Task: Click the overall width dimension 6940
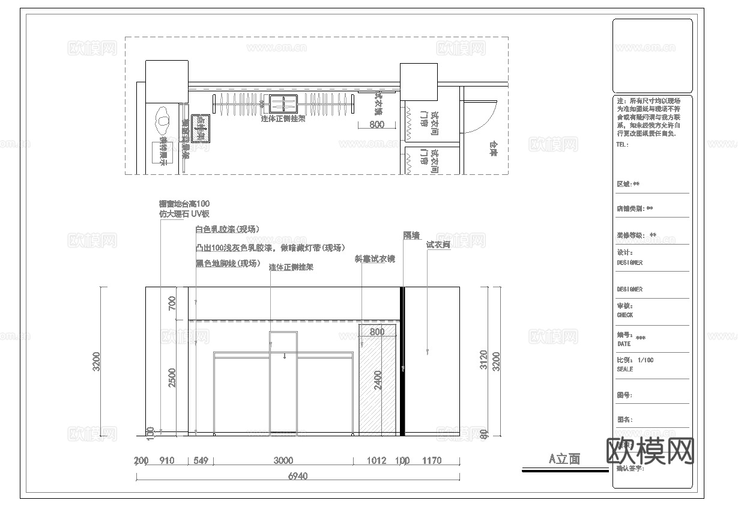tap(298, 476)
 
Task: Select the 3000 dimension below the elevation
tap(283, 461)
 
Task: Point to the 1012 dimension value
tap(376, 461)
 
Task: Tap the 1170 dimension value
tap(432, 461)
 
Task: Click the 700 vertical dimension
tap(172, 304)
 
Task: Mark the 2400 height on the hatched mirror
tap(378, 380)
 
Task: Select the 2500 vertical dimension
tap(172, 378)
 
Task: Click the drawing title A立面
tap(564, 459)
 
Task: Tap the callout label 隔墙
tap(411, 236)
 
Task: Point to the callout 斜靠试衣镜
tap(375, 259)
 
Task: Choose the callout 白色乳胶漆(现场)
tap(226, 229)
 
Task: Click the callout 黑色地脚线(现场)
tap(227, 263)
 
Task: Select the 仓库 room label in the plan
tap(493, 148)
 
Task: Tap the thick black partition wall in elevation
tap(402, 361)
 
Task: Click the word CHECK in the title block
tap(625, 315)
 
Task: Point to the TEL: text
tap(622, 145)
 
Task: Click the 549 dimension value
tap(201, 461)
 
